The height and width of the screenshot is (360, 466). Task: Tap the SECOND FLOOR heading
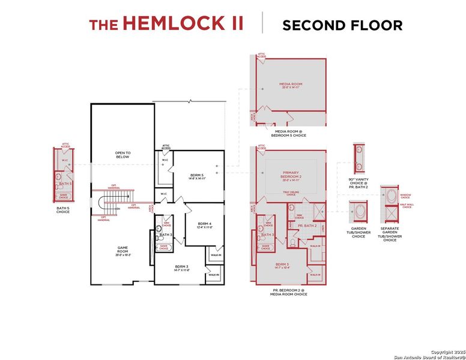[342, 25]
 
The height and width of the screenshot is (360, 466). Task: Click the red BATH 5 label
[66, 183]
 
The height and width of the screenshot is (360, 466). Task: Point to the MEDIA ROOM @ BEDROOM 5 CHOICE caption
[291, 133]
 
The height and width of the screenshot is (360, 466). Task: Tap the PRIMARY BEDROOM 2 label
[291, 176]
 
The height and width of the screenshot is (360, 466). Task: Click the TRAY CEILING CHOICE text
[291, 193]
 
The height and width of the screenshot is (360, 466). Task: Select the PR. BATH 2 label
[307, 225]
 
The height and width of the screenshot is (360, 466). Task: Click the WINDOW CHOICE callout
[405, 195]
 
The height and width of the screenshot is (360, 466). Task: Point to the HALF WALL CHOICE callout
[405, 206]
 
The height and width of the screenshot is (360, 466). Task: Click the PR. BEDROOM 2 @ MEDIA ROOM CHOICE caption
[291, 292]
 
